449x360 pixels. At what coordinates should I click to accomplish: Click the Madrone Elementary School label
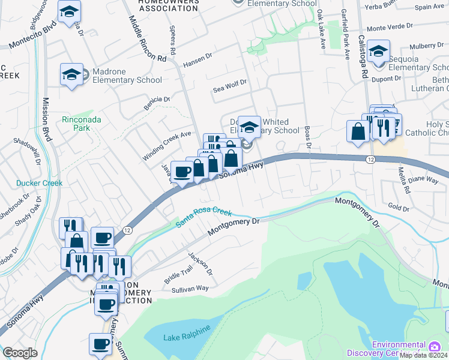118,76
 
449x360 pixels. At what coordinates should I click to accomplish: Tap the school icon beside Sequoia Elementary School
379,52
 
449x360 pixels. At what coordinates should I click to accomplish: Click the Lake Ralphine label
187,333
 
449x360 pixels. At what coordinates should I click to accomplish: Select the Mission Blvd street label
47,120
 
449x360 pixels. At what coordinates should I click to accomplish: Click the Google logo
20,353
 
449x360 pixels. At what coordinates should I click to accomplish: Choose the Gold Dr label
399,208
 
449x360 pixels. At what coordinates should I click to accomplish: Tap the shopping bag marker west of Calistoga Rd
358,131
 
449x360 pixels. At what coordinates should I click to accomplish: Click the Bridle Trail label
179,277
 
